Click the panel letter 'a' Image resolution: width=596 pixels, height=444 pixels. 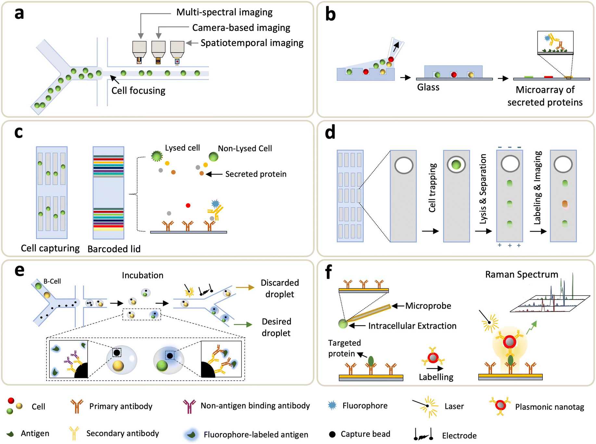[x=19, y=14]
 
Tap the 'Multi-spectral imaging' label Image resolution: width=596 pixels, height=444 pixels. [x=224, y=12]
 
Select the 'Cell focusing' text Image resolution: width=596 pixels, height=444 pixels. [x=138, y=91]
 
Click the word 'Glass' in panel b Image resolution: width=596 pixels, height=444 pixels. [x=428, y=87]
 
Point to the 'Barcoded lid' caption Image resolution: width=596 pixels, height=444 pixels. [x=114, y=249]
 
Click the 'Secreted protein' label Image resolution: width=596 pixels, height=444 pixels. [x=256, y=174]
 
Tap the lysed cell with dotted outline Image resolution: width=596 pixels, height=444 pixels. [x=157, y=156]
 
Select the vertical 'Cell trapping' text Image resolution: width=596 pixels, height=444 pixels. [x=432, y=188]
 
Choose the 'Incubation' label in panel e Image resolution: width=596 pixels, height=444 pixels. [x=143, y=275]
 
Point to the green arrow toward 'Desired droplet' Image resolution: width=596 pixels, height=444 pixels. [x=243, y=324]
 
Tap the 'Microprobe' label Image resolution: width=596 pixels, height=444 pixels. [x=428, y=306]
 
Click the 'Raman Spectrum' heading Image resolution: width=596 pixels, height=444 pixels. [x=521, y=274]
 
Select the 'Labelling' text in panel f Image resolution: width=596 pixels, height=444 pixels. [x=436, y=377]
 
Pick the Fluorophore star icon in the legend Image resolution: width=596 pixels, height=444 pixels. [x=332, y=405]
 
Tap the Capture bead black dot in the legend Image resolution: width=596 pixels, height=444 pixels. [x=332, y=434]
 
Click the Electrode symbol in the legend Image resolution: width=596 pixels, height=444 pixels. [x=424, y=435]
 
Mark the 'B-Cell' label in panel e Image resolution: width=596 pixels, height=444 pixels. [x=52, y=281]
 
